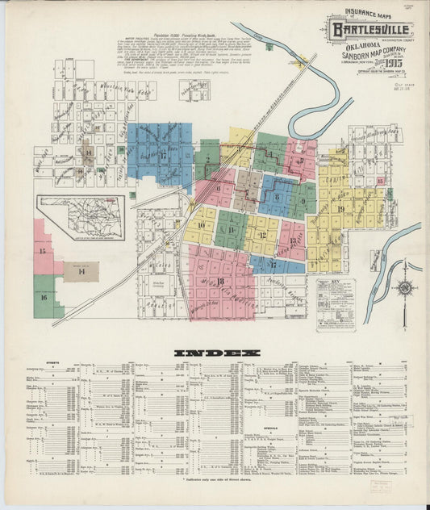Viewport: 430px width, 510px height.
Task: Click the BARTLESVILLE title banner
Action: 368,31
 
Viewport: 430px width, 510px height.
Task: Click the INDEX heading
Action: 216,353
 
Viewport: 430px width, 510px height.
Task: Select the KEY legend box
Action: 336,302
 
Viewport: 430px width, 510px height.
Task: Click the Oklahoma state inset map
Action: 80,219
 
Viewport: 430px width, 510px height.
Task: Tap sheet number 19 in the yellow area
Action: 340,210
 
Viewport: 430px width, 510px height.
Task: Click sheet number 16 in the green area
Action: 44,297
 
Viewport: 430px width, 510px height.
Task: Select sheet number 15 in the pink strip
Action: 42,251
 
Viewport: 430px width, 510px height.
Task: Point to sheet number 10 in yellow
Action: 201,226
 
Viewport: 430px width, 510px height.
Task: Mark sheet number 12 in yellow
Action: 262,235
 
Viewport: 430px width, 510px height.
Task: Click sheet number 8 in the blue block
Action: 276,196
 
